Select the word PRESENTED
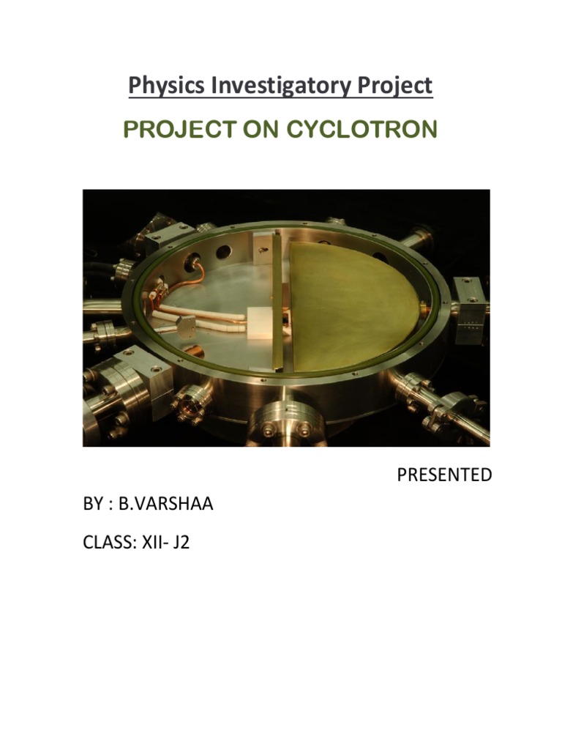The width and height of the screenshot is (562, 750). pos(444,475)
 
